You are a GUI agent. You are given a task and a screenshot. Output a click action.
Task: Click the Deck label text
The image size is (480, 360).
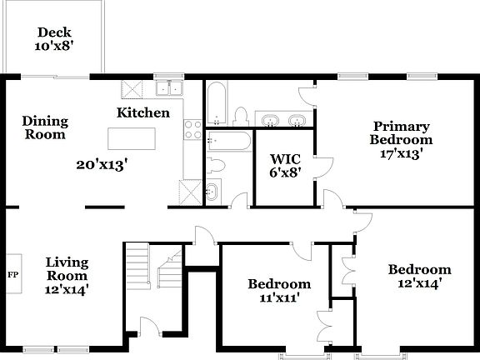tap(53, 39)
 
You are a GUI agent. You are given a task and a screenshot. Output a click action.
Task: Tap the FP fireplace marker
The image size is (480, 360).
tap(12, 273)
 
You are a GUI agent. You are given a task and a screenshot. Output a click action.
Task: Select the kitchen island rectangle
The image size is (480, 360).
tap(133, 137)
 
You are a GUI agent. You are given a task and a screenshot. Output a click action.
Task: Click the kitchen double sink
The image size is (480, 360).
tap(174, 88)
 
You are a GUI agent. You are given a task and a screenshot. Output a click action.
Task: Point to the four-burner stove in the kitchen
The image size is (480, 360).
tap(192, 131)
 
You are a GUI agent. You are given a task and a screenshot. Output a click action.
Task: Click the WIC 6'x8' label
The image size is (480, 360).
tap(283, 164)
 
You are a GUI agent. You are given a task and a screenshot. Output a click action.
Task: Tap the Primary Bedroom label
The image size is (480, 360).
tap(400, 139)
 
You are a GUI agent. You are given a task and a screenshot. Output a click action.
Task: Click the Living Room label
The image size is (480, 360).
tap(67, 276)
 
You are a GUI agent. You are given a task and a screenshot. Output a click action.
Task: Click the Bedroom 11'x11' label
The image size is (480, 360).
tap(279, 291)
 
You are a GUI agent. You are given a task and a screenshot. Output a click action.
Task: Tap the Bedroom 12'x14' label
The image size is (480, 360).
tap(419, 276)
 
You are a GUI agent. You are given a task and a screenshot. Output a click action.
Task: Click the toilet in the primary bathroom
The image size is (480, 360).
tap(241, 115)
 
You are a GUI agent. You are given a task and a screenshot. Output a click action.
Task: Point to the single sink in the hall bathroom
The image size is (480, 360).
tap(210, 192)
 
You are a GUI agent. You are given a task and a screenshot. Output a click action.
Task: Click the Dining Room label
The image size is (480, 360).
tap(45, 127)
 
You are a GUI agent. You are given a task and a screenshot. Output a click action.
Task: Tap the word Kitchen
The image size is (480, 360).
tap(143, 112)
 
